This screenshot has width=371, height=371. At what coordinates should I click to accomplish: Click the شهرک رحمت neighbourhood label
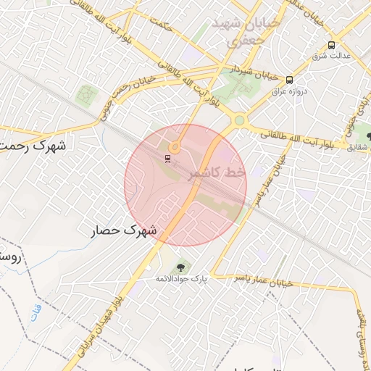click(33, 145)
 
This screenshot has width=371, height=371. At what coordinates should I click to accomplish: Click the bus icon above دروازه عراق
click(289, 80)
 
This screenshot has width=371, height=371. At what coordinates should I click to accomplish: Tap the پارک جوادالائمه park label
click(178, 278)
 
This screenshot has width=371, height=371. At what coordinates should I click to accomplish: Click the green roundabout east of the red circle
click(239, 120)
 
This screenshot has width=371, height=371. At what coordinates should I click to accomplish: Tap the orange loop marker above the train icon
click(174, 146)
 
